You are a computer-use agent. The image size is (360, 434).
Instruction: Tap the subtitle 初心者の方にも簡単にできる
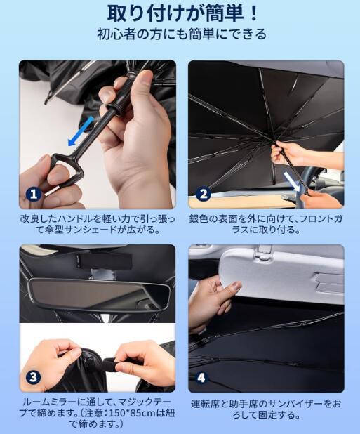[182, 34]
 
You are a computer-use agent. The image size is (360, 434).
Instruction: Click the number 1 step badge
[34, 194]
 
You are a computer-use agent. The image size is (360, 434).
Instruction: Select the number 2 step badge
[204, 194]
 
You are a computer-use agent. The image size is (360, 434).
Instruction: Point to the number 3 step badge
[34, 377]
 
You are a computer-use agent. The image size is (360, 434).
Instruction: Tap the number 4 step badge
[201, 377]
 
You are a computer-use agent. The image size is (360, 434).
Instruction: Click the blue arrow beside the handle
[81, 131]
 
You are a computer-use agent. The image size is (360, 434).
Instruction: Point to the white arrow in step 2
[293, 181]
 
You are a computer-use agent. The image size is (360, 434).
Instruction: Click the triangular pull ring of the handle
[66, 169]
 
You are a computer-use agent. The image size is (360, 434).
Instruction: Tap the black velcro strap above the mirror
[103, 261]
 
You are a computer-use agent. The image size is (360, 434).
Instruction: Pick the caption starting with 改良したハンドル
[98, 225]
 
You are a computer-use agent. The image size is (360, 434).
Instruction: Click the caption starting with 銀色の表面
[266, 225]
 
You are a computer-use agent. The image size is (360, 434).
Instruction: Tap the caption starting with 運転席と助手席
[266, 409]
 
